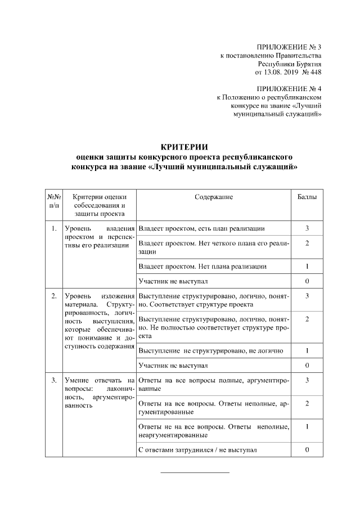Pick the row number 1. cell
53,229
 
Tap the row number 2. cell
53,296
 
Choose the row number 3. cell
53,381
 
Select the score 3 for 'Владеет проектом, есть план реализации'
307,229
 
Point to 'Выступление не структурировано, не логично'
210,351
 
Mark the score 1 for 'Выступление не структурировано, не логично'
307,351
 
